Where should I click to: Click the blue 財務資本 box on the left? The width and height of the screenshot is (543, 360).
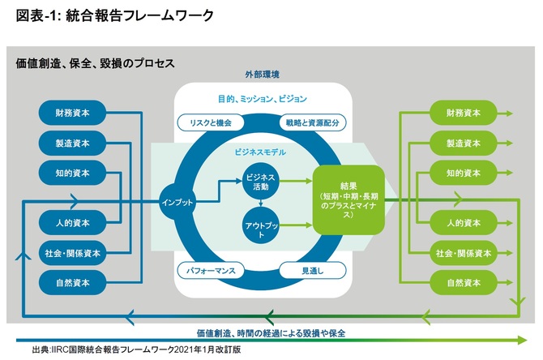[73, 114]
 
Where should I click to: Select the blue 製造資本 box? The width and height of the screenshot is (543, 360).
[73, 144]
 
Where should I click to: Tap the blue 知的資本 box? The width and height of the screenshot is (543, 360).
[73, 173]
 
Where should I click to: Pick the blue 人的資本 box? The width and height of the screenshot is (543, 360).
[73, 222]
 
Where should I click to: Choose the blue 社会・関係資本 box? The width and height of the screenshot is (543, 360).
[73, 253]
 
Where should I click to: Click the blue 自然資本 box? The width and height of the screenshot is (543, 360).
[73, 283]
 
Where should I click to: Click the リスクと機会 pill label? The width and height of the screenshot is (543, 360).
[209, 122]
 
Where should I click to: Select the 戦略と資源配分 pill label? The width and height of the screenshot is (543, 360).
[311, 122]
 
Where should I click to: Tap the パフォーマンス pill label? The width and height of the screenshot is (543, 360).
[209, 267]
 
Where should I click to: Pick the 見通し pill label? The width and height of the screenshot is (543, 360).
[311, 267]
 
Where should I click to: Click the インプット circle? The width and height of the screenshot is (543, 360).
[178, 201]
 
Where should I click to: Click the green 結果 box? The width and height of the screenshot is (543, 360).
[348, 198]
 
